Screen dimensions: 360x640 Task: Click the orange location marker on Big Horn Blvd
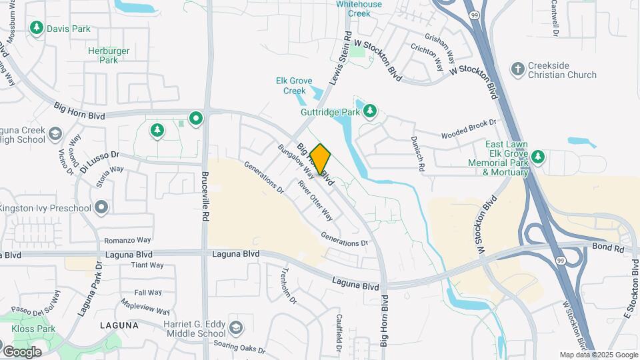point(320,159)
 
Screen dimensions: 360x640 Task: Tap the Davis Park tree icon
point(36,28)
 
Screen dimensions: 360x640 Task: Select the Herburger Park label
point(103,55)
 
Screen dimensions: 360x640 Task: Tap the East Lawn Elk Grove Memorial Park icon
point(538,157)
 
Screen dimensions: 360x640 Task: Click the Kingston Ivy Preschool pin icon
point(101,207)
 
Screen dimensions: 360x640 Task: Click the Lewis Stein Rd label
point(339,60)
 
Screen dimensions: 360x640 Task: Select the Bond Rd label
point(607,248)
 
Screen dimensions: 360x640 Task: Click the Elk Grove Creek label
point(294,85)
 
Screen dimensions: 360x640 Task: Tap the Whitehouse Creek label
point(359,8)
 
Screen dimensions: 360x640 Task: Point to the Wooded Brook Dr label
point(469,129)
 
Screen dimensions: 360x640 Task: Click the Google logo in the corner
point(21,351)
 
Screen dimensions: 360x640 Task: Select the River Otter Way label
point(315,199)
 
